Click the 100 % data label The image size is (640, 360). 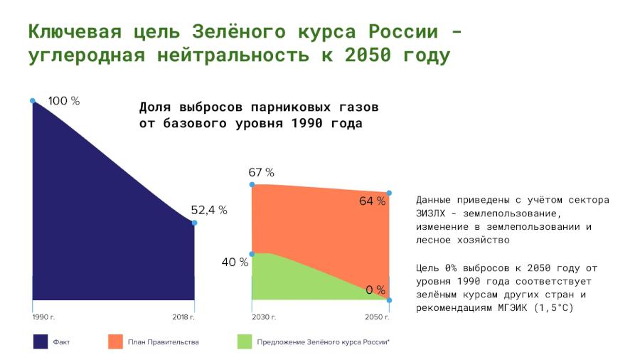coord(64,101)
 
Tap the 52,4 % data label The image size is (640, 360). coord(209,210)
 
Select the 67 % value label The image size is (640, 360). coord(261,172)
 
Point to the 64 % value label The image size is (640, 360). coord(372,201)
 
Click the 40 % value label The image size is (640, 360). coord(235,262)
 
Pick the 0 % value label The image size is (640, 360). coord(375,290)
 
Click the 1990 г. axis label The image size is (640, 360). coord(43,317)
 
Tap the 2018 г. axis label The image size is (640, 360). coord(183,317)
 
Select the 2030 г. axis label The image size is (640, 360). coord(264,317)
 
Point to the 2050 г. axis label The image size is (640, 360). coord(377,317)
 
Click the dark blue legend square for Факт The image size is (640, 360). coord(41,342)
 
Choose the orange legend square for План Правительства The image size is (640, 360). coord(115,342)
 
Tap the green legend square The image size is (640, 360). coord(245,342)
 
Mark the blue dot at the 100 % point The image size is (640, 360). coord(33,101)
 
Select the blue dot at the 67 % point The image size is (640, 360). coord(252,184)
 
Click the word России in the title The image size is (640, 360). coord(403,31)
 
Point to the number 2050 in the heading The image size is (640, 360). coord(368,55)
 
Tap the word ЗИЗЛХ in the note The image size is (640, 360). coord(431,213)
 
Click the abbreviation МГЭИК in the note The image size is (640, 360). coord(512,308)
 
